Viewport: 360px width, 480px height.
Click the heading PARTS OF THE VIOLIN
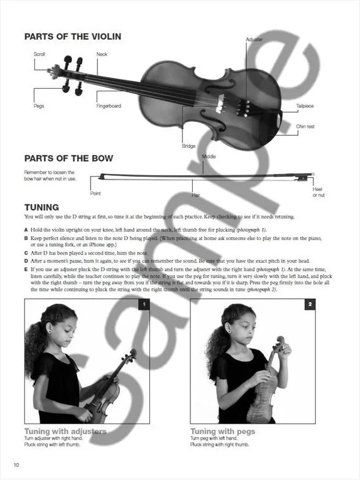72,37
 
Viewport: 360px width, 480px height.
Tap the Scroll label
39,54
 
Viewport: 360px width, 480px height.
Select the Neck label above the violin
102,54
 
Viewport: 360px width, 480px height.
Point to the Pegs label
39,106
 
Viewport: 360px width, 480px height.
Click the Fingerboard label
109,106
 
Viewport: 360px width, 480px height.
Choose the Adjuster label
255,39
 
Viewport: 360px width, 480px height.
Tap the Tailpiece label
305,106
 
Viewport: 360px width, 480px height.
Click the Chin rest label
305,127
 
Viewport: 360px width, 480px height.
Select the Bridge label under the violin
189,146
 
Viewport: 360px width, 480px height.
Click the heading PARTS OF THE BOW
69,159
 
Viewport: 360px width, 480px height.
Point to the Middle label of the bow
209,157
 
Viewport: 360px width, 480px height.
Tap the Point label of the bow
96,193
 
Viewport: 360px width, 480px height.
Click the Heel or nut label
318,192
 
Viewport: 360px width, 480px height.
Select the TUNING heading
42,207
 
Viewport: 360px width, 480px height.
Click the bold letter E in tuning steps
26,269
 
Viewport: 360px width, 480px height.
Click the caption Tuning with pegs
222,431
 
